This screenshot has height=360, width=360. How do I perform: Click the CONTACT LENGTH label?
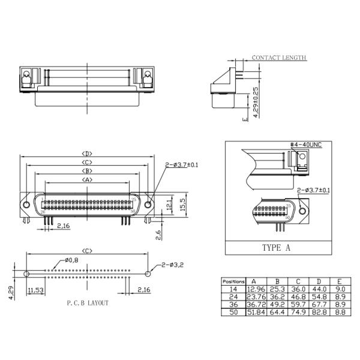coord(279,58)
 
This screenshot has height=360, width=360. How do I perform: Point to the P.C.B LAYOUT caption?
coord(88,303)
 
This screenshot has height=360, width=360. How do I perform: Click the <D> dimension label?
coord(88,154)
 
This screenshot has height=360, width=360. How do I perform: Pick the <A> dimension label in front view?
coord(88,179)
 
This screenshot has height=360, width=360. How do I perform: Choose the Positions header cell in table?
coord(233,281)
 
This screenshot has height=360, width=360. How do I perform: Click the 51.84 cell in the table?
coord(256,312)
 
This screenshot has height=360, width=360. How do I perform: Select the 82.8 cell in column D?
coord(319,312)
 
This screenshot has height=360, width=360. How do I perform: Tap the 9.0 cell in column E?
coord(339,289)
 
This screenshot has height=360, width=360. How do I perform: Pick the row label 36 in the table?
coord(233,304)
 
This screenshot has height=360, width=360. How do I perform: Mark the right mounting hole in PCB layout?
coord(148,274)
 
